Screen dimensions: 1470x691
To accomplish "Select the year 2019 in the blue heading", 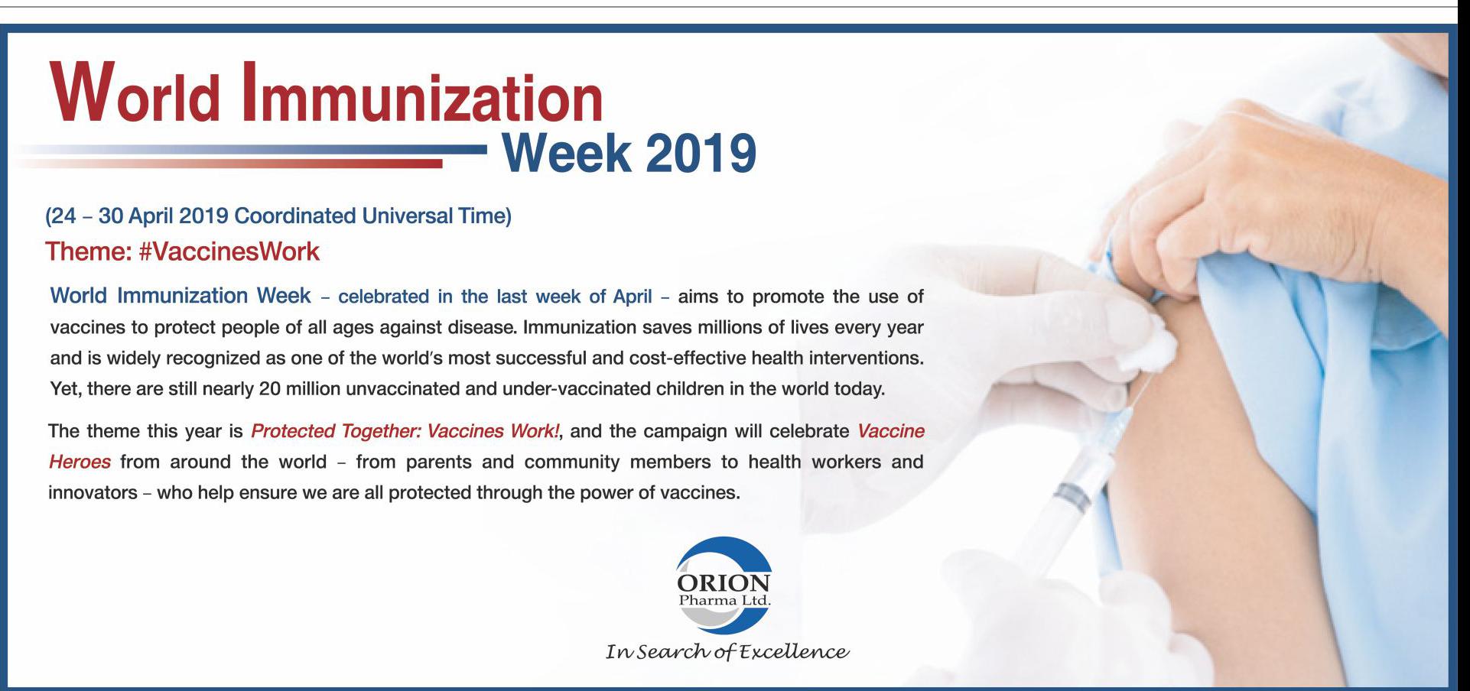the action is [x=701, y=152].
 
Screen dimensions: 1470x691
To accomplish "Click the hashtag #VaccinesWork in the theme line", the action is [x=229, y=251].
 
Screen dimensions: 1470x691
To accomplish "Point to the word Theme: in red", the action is [x=89, y=251].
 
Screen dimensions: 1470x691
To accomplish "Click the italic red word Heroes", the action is [x=80, y=462].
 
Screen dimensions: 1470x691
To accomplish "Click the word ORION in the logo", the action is [x=724, y=583].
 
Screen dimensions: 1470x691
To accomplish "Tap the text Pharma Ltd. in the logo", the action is [x=724, y=601].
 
